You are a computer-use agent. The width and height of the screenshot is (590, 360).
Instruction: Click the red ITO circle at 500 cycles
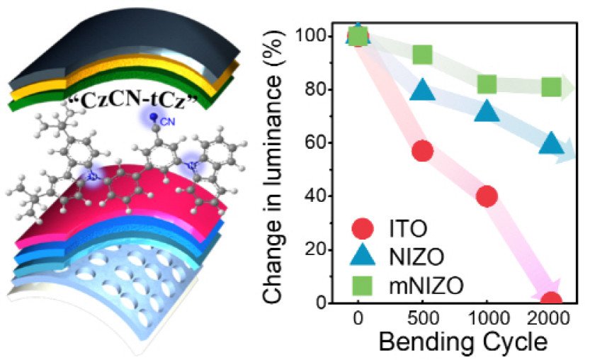click(x=422, y=151)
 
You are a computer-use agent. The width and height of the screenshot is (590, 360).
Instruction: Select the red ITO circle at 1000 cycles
click(x=487, y=196)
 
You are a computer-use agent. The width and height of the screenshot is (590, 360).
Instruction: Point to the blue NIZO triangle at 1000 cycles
click(x=487, y=111)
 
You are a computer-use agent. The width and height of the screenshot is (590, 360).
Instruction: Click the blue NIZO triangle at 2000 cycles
click(x=551, y=143)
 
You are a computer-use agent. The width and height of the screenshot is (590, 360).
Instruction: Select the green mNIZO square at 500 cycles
click(x=422, y=55)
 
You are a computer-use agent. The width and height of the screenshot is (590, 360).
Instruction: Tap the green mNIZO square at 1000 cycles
click(x=487, y=84)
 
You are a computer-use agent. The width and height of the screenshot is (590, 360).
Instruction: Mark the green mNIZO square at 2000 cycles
click(x=551, y=87)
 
